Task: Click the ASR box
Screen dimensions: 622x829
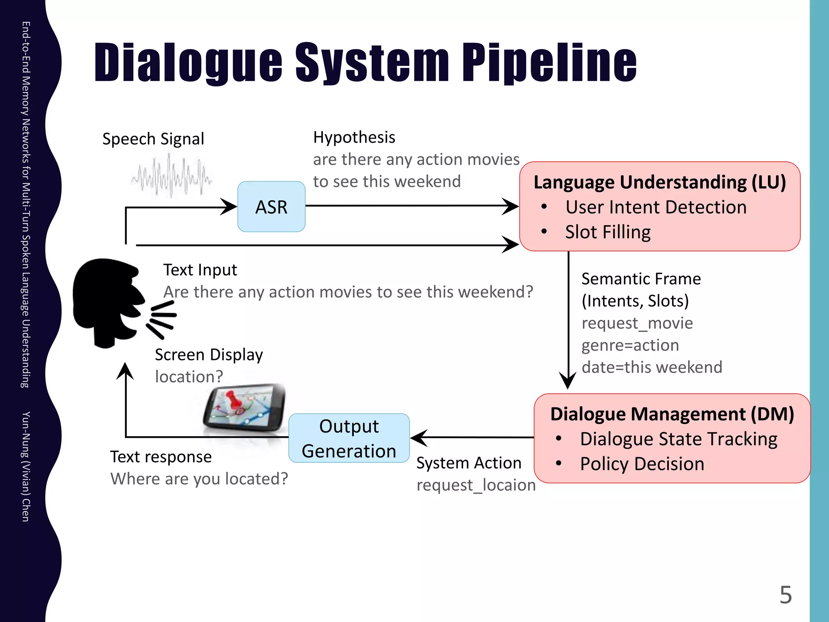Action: pyautogui.click(x=271, y=207)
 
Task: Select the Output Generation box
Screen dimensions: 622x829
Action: pyautogui.click(x=349, y=438)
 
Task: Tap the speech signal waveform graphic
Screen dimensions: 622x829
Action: pyautogui.click(x=171, y=177)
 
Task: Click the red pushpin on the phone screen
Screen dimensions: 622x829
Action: pyautogui.click(x=233, y=399)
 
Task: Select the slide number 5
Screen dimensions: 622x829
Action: pyautogui.click(x=785, y=594)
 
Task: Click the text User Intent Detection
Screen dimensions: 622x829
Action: pyautogui.click(x=656, y=207)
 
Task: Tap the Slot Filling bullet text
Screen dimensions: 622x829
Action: pyautogui.click(x=608, y=232)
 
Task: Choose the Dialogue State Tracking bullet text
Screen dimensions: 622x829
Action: pyautogui.click(x=678, y=439)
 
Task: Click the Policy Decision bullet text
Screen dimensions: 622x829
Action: pyautogui.click(x=642, y=464)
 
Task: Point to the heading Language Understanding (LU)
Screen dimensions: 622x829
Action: pyautogui.click(x=660, y=182)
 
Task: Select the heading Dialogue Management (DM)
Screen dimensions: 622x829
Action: pyautogui.click(x=672, y=414)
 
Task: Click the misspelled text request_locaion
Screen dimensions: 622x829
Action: pyautogui.click(x=476, y=485)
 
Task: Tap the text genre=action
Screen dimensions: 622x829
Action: pyautogui.click(x=630, y=345)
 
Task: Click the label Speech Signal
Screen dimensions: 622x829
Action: pyautogui.click(x=153, y=139)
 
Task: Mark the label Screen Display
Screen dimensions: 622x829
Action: pyautogui.click(x=209, y=355)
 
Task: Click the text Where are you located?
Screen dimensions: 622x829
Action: pyautogui.click(x=199, y=479)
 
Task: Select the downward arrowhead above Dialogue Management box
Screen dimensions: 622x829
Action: pyautogui.click(x=568, y=381)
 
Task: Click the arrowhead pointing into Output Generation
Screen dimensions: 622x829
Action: pyautogui.click(x=419, y=438)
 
